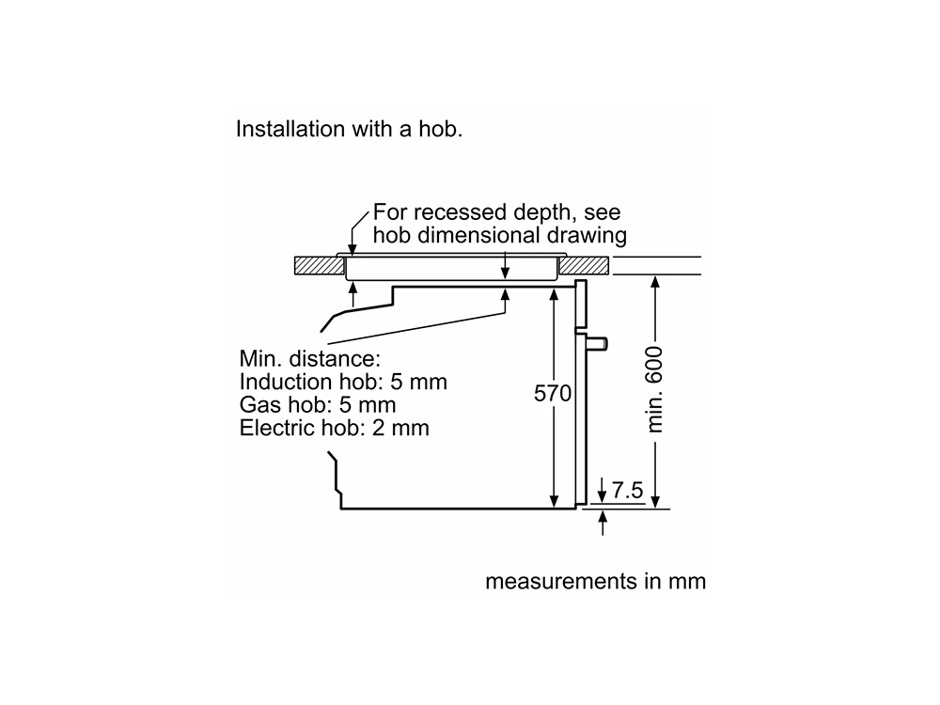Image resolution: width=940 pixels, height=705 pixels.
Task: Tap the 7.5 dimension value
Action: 627,490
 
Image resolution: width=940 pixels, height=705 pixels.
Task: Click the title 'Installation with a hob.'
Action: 349,129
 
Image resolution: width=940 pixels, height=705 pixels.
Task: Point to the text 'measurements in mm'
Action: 595,582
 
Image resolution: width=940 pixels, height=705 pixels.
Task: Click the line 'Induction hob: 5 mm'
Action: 343,382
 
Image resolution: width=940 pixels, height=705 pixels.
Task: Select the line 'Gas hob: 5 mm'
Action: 318,405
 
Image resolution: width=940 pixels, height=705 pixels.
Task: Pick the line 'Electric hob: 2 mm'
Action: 334,429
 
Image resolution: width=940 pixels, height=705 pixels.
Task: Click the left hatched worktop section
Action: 317,266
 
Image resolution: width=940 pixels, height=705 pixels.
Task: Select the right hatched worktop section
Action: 587,266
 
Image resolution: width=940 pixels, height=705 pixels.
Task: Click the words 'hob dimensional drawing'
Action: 500,235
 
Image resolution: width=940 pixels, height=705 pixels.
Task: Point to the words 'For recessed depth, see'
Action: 497,212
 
